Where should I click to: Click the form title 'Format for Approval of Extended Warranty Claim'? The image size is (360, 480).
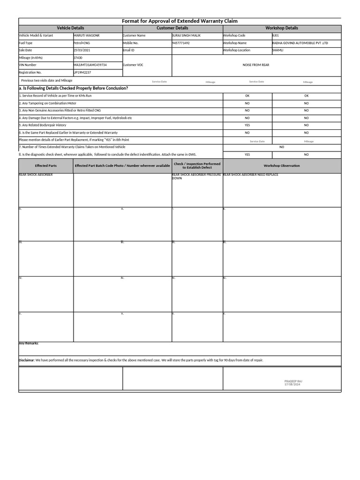pos(180,21)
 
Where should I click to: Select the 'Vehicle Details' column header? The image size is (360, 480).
pos(70,28)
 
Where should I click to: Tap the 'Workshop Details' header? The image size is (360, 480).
pos(281,28)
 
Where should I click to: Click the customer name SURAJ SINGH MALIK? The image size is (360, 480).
pos(186,36)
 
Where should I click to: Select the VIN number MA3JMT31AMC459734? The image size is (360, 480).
pos(90,65)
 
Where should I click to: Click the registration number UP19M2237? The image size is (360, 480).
pos(82,73)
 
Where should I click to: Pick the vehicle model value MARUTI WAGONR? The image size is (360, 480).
pos(86,36)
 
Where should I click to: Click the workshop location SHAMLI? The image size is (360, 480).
pos(277,50)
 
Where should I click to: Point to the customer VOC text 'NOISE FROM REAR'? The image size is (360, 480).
pos(256,65)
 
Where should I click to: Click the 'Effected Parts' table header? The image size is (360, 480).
pos(45,165)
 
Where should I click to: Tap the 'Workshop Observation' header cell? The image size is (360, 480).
pos(281,165)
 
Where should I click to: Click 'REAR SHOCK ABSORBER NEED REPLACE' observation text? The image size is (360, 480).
pos(251,175)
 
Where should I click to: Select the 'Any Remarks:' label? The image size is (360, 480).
pos(29,344)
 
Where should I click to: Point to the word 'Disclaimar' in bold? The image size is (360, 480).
pos(26,360)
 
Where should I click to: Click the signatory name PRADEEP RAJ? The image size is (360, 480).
pos(293,382)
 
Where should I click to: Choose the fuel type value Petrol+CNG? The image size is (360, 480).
pos(82,43)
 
